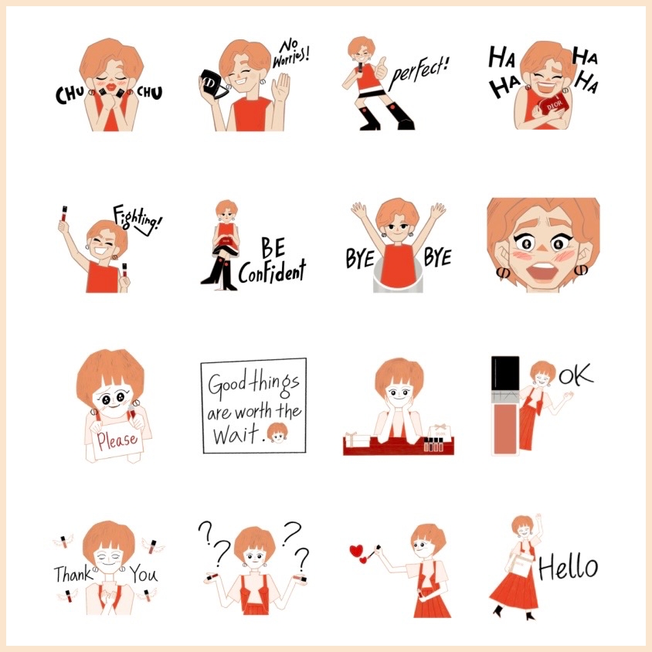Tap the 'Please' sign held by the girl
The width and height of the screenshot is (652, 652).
[x=117, y=440]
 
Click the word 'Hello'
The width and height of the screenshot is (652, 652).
[x=569, y=568]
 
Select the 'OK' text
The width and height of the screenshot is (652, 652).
[x=576, y=374]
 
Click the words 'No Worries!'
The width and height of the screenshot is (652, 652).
[x=290, y=54]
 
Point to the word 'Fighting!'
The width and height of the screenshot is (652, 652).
[x=138, y=220]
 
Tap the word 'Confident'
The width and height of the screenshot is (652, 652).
[x=273, y=272]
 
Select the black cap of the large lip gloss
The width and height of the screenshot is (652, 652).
[x=505, y=373]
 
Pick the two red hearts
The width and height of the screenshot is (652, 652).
[x=359, y=554]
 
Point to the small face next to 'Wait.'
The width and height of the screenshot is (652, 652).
[x=277, y=433]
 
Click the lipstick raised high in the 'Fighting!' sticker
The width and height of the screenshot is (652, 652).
[x=64, y=213]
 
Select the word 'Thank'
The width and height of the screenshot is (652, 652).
[x=73, y=573]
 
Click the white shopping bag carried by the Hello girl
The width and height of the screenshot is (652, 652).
[x=520, y=565]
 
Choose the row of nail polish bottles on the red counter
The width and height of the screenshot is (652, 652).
[x=433, y=444]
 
